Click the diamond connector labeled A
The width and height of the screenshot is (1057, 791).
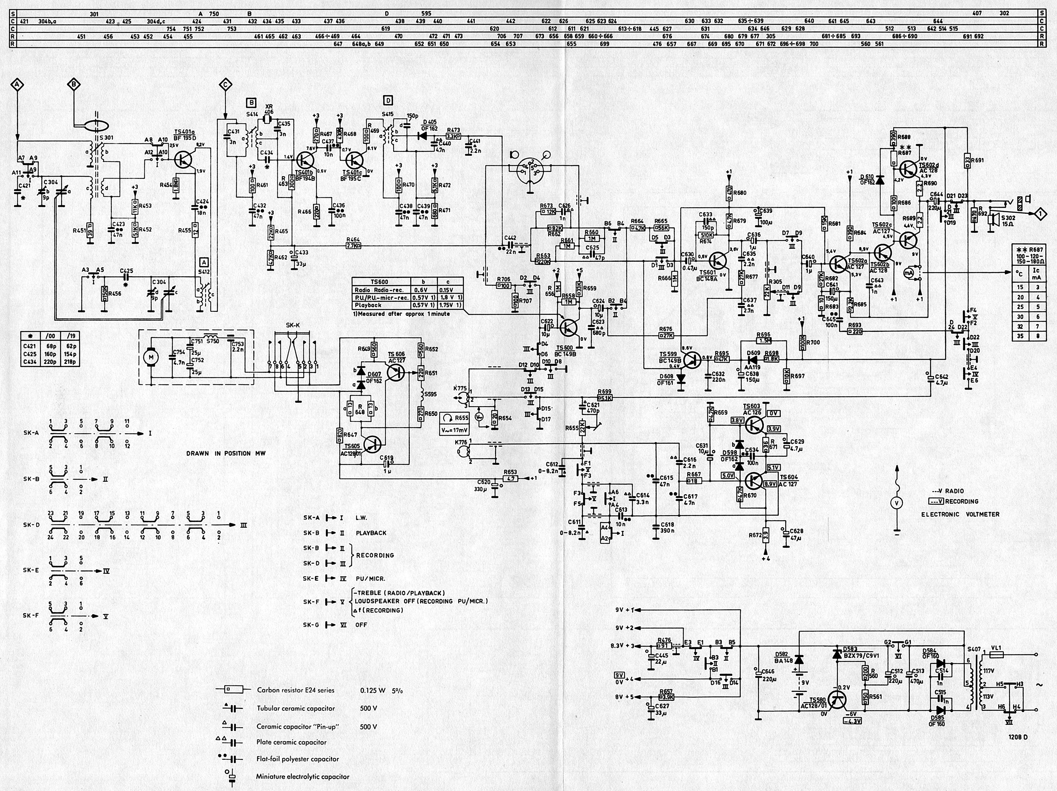coord(17,85)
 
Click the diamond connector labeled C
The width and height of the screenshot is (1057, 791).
coord(225,85)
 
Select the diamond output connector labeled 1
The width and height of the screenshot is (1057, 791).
coord(1040,212)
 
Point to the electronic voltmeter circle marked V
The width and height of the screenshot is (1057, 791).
coord(897,503)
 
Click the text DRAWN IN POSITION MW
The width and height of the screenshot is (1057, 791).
coord(225,453)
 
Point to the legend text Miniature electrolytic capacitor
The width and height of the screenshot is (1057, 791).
coord(302,777)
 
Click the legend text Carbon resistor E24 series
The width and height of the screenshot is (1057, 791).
coord(295,690)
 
